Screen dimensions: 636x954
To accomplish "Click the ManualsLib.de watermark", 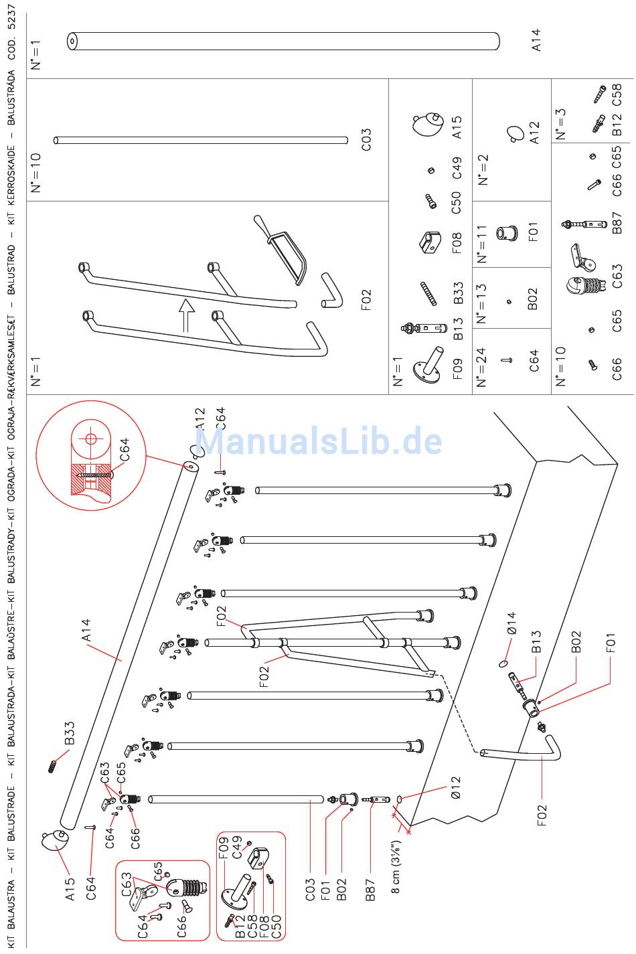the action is pos(318,441).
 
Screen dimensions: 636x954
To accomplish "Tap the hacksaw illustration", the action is pos(281,249).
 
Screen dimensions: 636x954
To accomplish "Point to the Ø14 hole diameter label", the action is pos(511,623).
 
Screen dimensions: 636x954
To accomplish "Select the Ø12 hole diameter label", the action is pos(455,787).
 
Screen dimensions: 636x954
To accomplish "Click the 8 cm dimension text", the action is pos(396,867).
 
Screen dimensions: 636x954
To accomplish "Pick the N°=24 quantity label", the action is pos(481,367).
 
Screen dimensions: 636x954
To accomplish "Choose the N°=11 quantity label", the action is pos(481,244).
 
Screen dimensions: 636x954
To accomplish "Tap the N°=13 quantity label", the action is pos(481,304).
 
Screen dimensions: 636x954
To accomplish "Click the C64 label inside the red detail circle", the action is pos(124,450).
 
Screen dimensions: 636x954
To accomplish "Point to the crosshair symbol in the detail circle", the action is pos(90,439).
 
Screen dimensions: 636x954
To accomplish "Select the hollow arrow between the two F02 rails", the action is pos(186,315).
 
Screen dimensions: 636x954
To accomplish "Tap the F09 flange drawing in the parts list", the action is pos(428,365).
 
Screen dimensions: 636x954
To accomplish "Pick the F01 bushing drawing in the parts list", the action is pos(507,232).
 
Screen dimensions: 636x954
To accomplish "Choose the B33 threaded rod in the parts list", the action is pos(428,293).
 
